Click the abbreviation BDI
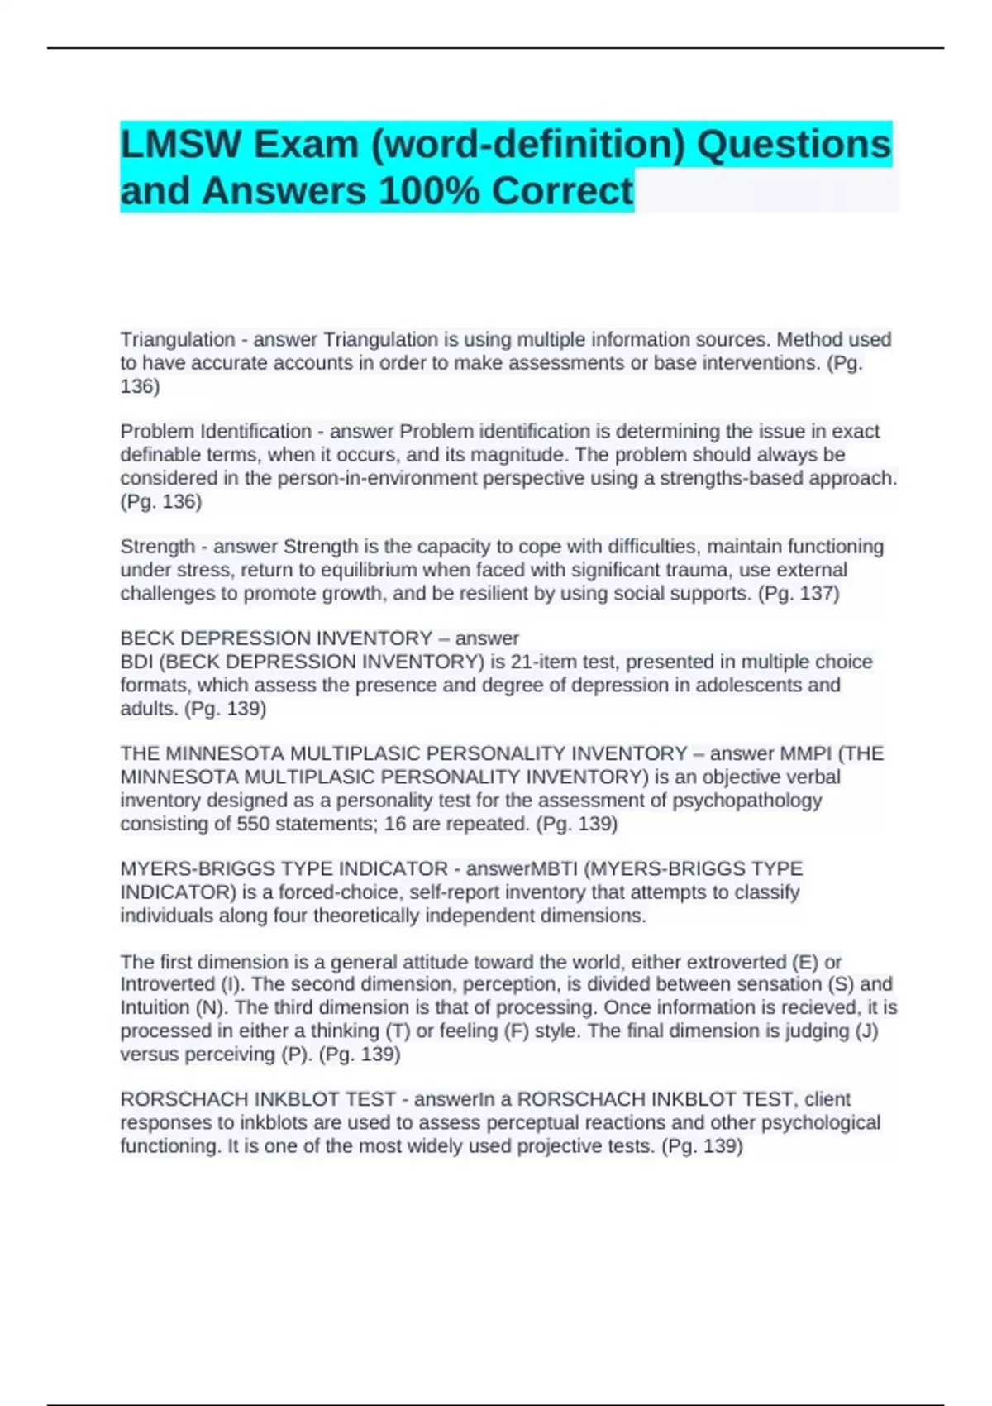(x=136, y=662)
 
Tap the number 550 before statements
(x=252, y=823)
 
